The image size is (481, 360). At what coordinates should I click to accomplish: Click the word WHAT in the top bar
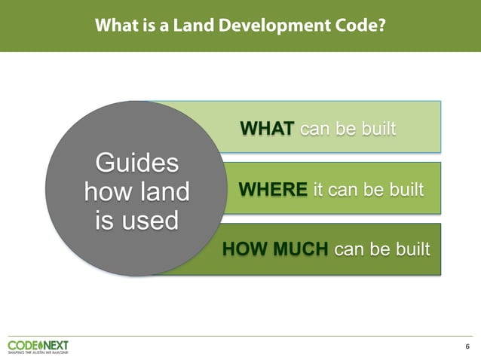point(267,129)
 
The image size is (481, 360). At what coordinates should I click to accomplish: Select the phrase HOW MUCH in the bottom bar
point(275,249)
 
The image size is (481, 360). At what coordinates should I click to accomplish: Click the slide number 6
point(467,346)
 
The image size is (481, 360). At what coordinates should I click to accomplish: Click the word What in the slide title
point(114,26)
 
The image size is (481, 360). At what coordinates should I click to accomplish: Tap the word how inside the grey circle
point(106,192)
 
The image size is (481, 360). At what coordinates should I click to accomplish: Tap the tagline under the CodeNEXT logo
point(38,352)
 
